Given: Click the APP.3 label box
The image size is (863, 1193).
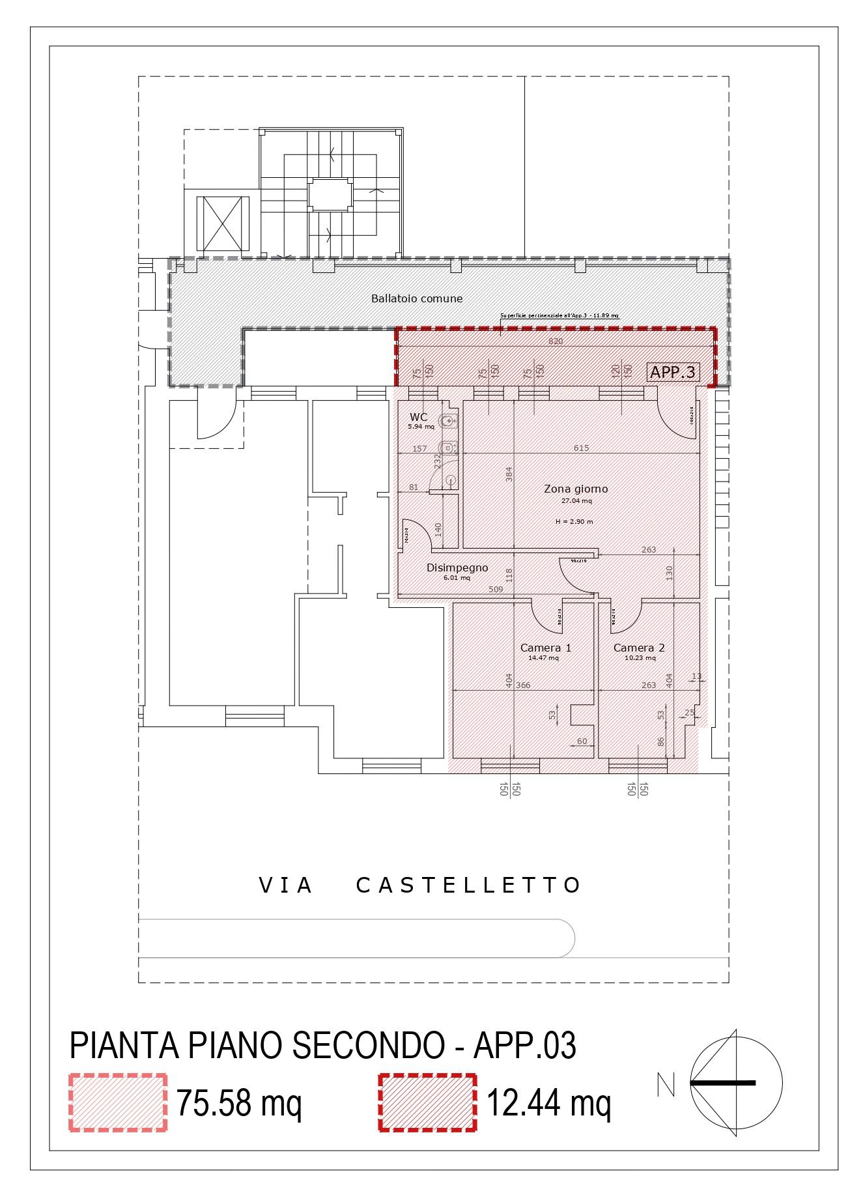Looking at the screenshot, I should tap(673, 372).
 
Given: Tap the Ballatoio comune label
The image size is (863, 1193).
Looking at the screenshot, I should tap(417, 298).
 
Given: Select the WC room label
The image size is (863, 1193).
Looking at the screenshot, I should tap(419, 417).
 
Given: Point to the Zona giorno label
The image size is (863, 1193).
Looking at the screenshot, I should tap(576, 489).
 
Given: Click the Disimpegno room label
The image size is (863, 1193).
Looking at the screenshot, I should tap(457, 568).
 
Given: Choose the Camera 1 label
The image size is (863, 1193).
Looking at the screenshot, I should tap(545, 648).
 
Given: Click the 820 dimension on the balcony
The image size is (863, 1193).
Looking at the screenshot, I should tap(556, 341).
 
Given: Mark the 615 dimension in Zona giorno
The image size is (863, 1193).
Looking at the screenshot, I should tap(581, 448).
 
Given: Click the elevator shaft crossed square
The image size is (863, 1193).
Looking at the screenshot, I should tap(223, 223).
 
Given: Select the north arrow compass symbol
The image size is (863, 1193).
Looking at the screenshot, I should tap(736, 1083).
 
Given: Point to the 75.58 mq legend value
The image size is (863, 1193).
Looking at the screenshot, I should tap(239, 1103).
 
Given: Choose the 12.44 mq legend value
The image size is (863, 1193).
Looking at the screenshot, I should tap(549, 1103).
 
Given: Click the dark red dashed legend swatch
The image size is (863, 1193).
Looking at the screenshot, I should tap(427, 1103).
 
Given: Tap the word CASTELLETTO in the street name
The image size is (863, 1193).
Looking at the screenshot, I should tap(468, 885).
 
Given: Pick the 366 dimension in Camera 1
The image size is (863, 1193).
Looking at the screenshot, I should tap(523, 685).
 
